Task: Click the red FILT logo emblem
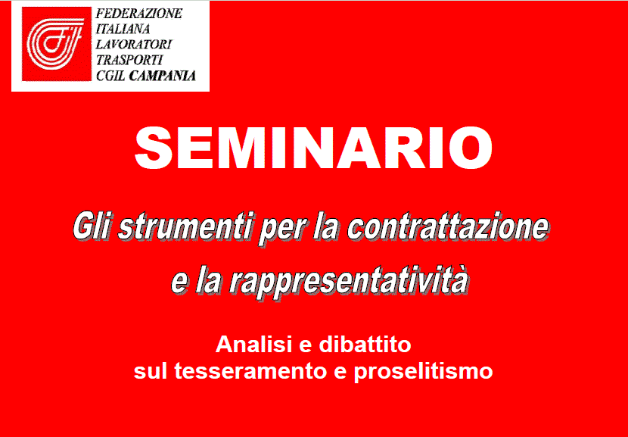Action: click(57, 44)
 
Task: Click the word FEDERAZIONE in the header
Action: click(139, 14)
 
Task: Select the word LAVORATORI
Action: click(134, 44)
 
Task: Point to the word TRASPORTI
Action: click(129, 60)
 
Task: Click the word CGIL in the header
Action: click(110, 76)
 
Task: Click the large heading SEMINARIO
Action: click(313, 148)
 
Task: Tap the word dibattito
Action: click(365, 345)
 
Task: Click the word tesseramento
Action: click(250, 372)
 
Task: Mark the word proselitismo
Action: click(423, 373)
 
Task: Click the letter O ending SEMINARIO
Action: click(471, 148)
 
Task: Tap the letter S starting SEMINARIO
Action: click(154, 148)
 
